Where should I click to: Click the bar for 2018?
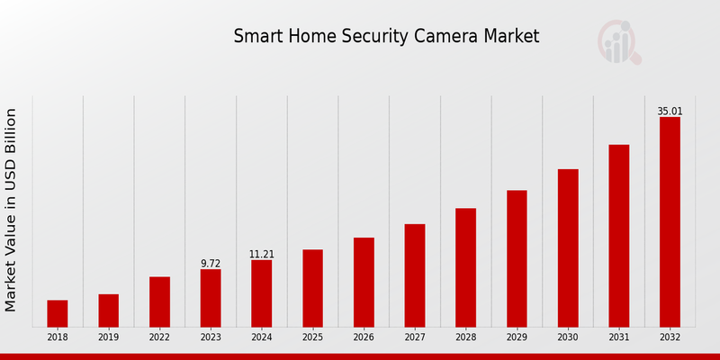(58, 313)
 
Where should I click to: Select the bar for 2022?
(159, 301)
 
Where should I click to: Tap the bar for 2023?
(211, 298)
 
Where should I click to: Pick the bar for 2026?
(364, 282)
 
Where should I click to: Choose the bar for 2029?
(517, 258)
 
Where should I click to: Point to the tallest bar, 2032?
(670, 221)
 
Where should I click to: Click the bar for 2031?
(618, 236)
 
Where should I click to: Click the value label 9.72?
(211, 264)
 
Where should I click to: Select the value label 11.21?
(261, 255)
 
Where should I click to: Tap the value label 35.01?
(670, 112)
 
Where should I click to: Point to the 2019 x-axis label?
(108, 337)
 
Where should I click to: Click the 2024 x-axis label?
(261, 337)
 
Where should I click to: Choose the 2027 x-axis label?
(415, 337)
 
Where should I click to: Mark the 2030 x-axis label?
(568, 337)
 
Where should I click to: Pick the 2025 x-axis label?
(312, 337)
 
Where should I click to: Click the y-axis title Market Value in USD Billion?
(12, 210)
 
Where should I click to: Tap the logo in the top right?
(619, 42)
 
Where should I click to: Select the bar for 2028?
(465, 267)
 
